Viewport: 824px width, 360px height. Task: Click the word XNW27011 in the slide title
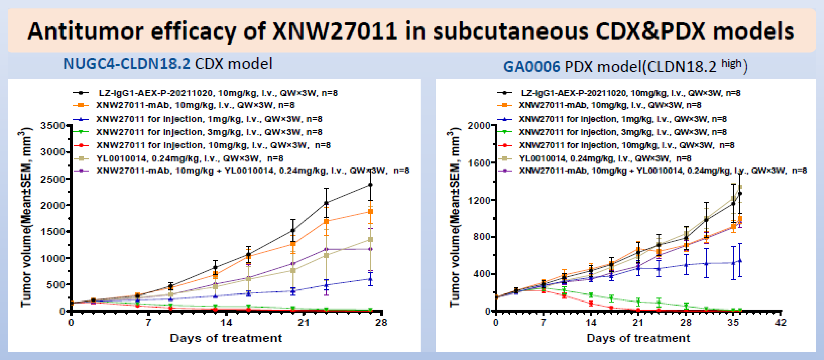pos(335,31)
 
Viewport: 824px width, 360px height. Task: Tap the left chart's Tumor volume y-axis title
pos(26,217)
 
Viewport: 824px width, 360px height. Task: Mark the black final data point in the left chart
pos(370,185)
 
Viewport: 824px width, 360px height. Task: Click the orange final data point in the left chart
pos(370,211)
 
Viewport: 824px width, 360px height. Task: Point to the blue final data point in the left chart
pos(370,279)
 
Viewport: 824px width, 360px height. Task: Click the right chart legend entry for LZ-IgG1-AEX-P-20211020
pos(630,93)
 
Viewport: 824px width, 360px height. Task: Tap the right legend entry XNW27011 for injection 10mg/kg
pos(626,145)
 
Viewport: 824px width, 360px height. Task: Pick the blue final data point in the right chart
pos(740,261)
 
